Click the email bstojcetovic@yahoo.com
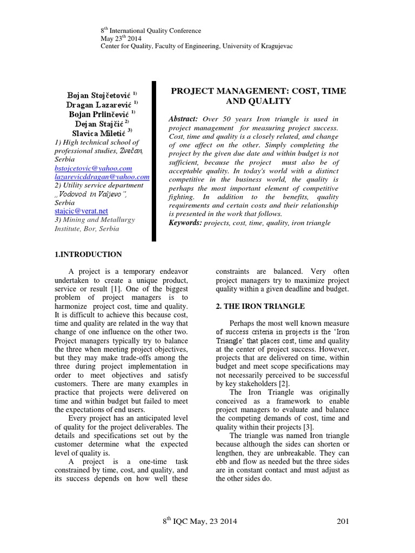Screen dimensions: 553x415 [x=93, y=168]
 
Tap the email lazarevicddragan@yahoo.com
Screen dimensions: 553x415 [x=102, y=177]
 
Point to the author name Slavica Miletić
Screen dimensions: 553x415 [x=99, y=133]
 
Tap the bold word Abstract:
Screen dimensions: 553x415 [x=184, y=119]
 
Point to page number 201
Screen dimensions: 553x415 [x=343, y=521]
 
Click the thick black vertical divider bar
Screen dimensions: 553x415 [x=155, y=161]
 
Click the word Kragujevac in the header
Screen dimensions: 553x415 [x=275, y=46]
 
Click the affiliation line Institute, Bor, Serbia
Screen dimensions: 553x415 [x=87, y=228]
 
